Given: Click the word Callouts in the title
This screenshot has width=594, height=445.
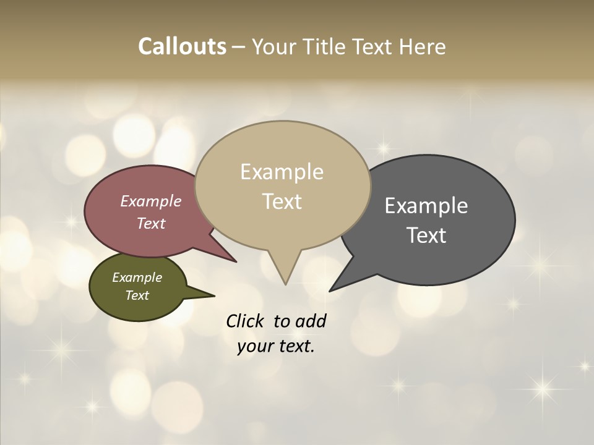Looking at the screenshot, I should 182,46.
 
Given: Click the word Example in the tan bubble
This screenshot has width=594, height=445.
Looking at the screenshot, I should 282,172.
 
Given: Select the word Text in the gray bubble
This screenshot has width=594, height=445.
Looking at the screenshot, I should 426,235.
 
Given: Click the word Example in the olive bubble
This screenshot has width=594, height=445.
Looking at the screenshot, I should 137,278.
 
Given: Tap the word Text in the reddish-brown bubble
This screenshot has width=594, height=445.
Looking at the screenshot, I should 151,223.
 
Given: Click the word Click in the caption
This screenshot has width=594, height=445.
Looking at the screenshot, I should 246,321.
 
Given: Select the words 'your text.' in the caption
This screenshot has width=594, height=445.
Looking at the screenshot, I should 276,346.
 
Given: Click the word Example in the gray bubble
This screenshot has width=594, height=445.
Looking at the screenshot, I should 426,206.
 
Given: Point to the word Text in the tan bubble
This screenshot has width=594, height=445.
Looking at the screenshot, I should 282,201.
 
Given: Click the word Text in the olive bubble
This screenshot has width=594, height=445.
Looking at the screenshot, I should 137,295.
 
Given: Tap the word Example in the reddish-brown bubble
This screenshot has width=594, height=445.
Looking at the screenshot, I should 151,201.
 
